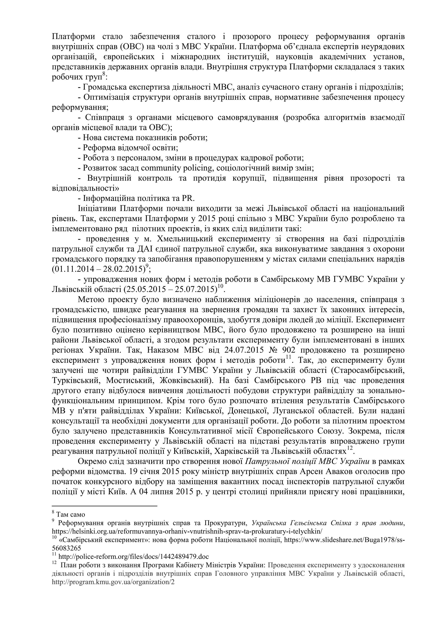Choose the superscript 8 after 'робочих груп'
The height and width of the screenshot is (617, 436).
click(x=104, y=74)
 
